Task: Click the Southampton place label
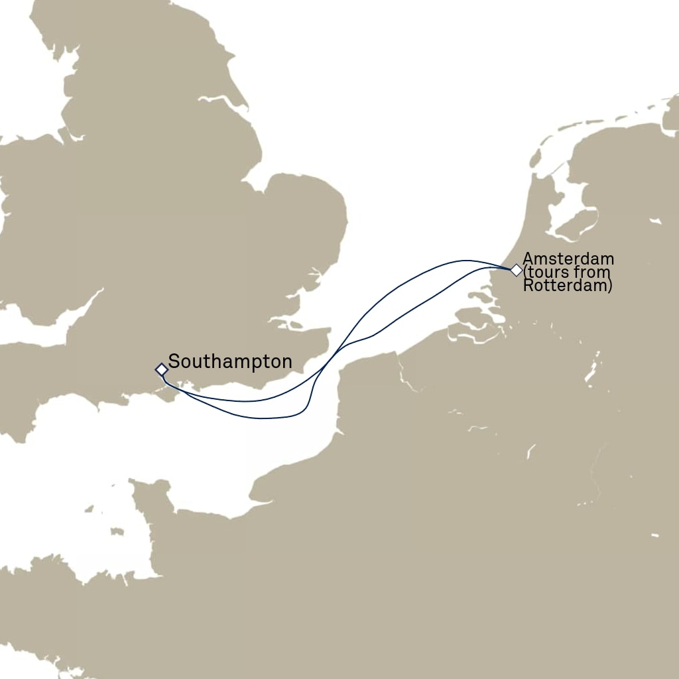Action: pos(230,362)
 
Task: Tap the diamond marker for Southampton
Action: pos(161,369)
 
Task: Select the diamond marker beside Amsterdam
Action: pos(516,270)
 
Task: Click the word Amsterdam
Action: pos(568,259)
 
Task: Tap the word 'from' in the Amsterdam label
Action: pos(594,273)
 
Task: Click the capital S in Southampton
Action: pos(174,362)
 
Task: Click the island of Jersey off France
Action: pos(117,532)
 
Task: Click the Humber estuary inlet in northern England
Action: pos(219,101)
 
